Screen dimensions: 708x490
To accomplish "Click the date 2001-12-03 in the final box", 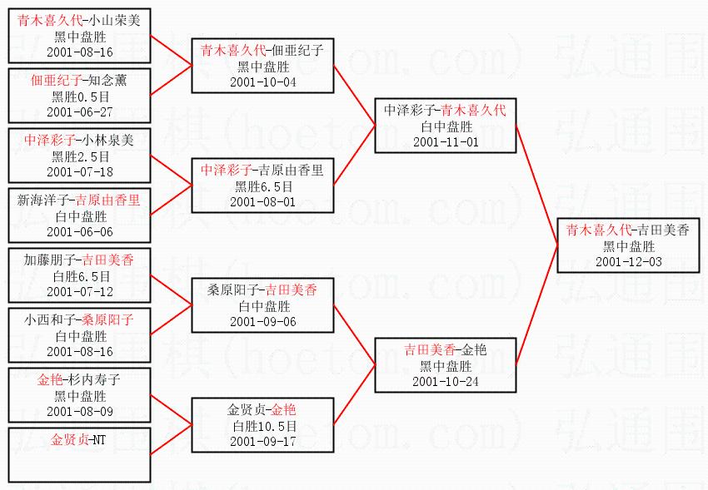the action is pyautogui.click(x=628, y=262).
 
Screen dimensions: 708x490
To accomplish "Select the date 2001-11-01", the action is pyautogui.click(x=446, y=142).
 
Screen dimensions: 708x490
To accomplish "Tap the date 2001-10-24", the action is pyautogui.click(x=446, y=381).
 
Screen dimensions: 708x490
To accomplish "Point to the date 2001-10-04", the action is pyautogui.click(x=262, y=82).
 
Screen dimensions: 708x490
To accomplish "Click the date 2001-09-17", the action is pyautogui.click(x=262, y=441).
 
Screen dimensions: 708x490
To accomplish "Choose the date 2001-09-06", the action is pyautogui.click(x=262, y=321).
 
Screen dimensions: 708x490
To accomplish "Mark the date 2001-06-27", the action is pyautogui.click(x=80, y=111).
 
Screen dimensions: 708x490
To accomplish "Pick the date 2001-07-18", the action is pyautogui.click(x=80, y=171).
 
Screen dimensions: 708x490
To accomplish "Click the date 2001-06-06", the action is pyautogui.click(x=80, y=232).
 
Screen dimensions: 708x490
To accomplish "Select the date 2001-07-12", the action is pyautogui.click(x=80, y=291).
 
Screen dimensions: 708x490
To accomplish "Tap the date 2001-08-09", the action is pyautogui.click(x=80, y=411).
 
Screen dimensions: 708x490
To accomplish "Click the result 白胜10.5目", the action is pyautogui.click(x=262, y=426).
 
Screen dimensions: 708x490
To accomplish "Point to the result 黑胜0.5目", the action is pyautogui.click(x=80, y=97).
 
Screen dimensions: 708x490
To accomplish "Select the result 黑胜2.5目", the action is pyautogui.click(x=80, y=156).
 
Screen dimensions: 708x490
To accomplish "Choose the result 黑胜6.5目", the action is pyautogui.click(x=262, y=186).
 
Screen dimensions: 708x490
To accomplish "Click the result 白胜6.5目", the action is pyautogui.click(x=80, y=276).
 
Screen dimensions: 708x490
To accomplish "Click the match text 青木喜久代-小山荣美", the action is pyautogui.click(x=80, y=22).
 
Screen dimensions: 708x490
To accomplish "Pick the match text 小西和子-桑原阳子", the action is pyautogui.click(x=80, y=319).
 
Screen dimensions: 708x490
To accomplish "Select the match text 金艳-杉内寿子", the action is pyautogui.click(x=80, y=380).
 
